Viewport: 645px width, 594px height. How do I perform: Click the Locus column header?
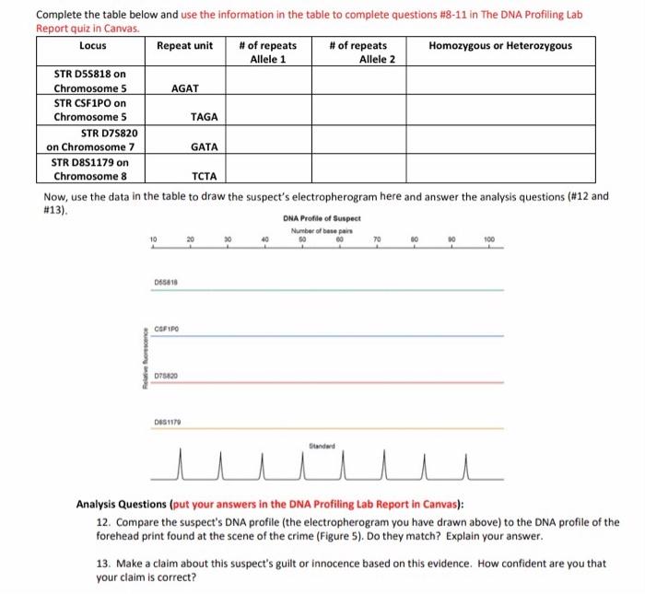coord(92,45)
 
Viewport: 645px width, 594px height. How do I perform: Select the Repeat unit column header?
coord(184,45)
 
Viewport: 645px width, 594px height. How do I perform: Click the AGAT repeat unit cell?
coord(185,88)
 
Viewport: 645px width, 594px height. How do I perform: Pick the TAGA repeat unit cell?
coord(204,117)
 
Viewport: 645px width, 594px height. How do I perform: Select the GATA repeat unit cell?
coord(204,146)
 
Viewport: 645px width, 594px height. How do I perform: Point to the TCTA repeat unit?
coord(204,176)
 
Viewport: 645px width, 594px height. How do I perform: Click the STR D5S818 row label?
coord(89,81)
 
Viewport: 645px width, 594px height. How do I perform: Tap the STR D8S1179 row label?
coord(90,169)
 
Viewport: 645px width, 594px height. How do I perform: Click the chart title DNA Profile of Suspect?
coord(322,218)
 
